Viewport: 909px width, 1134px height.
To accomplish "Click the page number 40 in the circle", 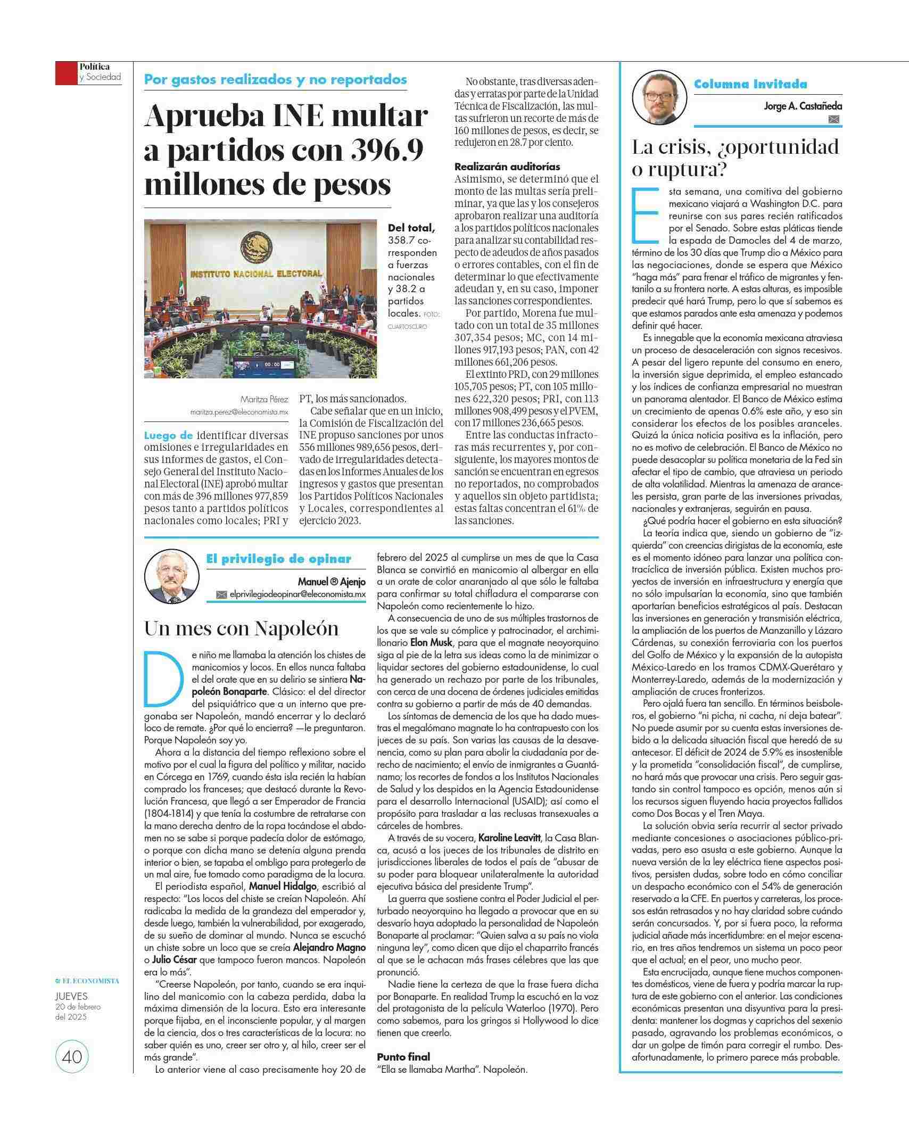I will pyautogui.click(x=72, y=1056).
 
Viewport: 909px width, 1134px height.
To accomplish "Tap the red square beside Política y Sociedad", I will pyautogui.click(x=66, y=73).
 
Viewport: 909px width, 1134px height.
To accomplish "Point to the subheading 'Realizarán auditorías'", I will pyautogui.click(x=507, y=167).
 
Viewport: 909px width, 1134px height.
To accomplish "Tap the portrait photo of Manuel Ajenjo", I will pyautogui.click(x=171, y=577).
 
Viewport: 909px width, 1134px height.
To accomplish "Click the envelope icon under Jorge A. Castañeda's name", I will pyautogui.click(x=834, y=120).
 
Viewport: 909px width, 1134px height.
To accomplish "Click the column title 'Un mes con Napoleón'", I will pyautogui.click(x=242, y=628).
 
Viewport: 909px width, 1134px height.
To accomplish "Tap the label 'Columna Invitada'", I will pyautogui.click(x=750, y=84).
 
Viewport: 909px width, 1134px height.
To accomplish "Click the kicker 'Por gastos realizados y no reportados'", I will pyautogui.click(x=276, y=80).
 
